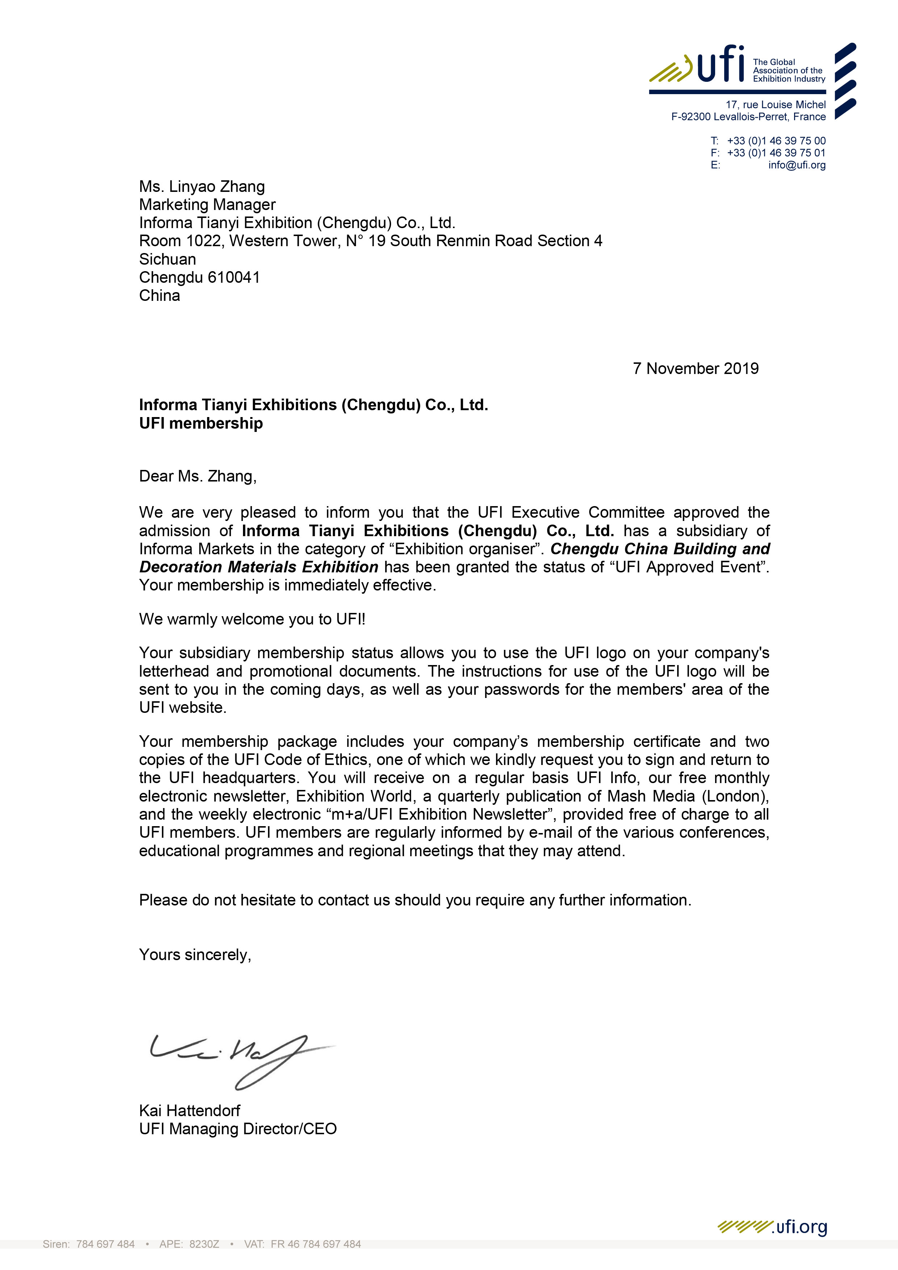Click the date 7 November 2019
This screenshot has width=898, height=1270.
[696, 369]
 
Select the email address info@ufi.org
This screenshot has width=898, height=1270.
[796, 165]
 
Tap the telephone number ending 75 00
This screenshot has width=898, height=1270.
[776, 140]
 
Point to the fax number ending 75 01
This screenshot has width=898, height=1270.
[776, 153]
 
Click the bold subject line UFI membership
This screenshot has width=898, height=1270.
[201, 423]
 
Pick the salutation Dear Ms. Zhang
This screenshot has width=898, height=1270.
[198, 476]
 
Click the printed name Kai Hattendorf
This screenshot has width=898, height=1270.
[190, 1110]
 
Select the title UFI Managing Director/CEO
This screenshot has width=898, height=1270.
[238, 1128]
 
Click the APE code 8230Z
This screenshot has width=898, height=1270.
[204, 1244]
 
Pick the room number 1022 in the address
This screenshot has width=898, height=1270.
[203, 241]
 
